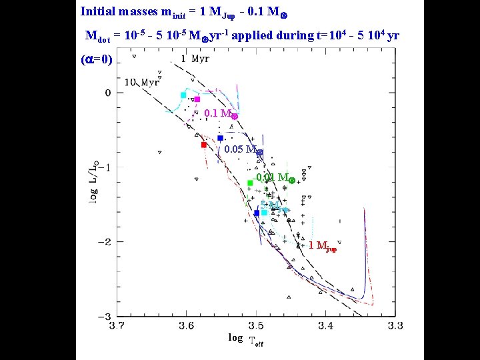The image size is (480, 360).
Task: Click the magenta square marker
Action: [197, 99]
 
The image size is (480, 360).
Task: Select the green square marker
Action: [250, 183]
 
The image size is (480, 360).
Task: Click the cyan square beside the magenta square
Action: [183, 95]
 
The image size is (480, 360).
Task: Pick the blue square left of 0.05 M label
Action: [220, 138]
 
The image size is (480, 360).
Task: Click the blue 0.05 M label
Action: [244, 149]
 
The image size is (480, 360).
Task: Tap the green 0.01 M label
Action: [275, 178]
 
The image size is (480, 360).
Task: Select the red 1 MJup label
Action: [323, 246]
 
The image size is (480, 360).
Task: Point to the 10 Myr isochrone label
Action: [142, 82]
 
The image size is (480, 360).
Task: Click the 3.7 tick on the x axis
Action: [117, 326]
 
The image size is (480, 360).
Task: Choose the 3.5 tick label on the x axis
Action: [256, 326]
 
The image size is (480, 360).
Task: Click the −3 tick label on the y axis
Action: [103, 316]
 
